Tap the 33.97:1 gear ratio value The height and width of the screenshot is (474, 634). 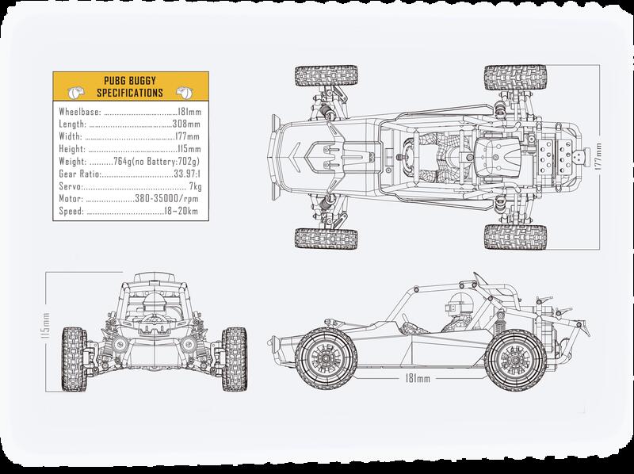(x=187, y=174)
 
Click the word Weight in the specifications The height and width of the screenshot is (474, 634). (x=73, y=162)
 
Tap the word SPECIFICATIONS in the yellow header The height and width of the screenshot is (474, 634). (x=134, y=93)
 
